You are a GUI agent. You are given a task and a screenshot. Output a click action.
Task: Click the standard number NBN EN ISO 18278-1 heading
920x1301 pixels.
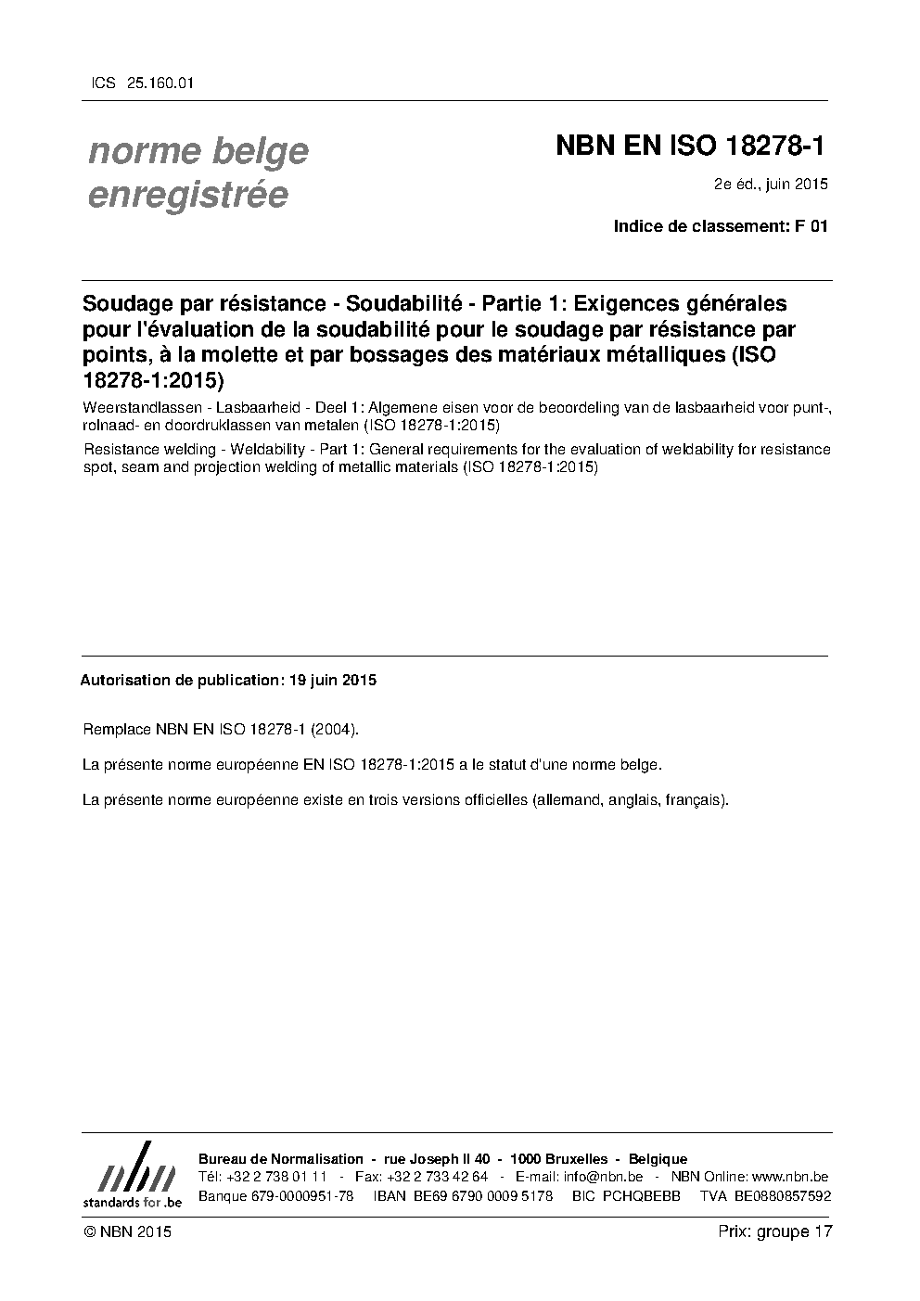pos(690,147)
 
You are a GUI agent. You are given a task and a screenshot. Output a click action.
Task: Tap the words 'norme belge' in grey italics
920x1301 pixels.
pos(198,150)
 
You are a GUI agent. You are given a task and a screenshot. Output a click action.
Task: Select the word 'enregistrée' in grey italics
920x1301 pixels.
pos(187,195)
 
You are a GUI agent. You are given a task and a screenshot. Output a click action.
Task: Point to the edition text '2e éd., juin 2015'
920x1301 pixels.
pos(770,184)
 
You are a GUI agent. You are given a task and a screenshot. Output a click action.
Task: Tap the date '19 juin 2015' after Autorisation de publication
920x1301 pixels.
pos(332,680)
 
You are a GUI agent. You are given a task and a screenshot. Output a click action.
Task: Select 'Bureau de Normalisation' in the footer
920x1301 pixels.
pos(281,1159)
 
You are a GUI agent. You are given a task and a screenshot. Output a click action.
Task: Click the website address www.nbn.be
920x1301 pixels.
pos(791,1177)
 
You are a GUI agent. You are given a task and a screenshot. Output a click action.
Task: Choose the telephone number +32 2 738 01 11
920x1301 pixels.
pos(275,1177)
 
